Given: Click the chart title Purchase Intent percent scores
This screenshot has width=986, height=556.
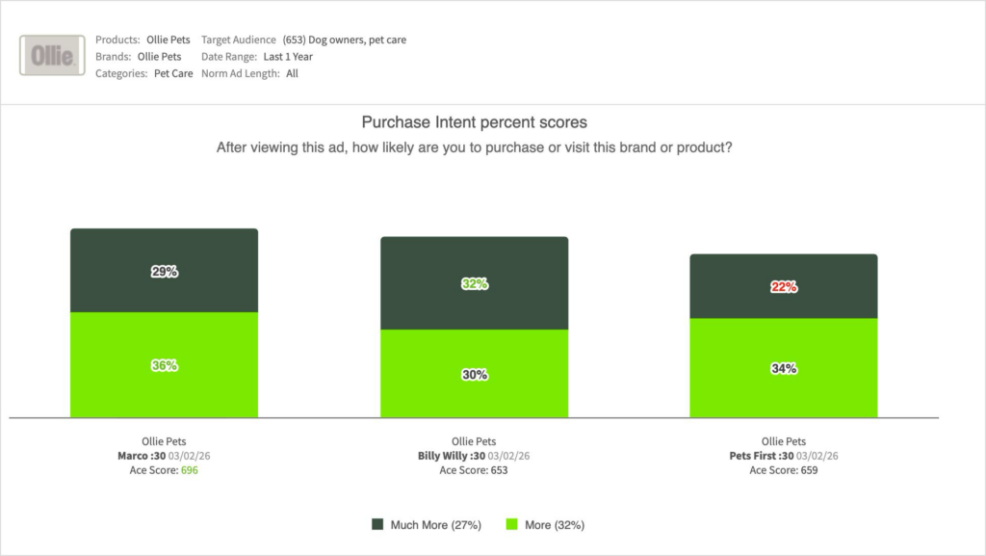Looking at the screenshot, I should click(x=474, y=122).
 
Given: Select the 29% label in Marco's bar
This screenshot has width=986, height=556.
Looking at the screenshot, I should click(x=164, y=272).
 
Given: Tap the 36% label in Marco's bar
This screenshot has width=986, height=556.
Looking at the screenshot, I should click(x=164, y=365).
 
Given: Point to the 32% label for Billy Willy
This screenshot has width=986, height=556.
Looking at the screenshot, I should click(x=474, y=284).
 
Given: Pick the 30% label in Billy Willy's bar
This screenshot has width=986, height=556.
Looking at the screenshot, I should click(x=474, y=375).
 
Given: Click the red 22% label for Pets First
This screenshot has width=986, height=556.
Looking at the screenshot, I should click(x=784, y=287).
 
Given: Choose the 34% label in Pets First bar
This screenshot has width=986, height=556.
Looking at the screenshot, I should click(x=784, y=368).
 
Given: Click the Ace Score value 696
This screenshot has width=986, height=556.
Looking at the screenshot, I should click(x=189, y=471).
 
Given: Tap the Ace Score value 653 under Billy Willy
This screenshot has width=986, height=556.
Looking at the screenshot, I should click(x=499, y=471).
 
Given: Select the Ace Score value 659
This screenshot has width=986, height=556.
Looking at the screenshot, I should click(x=809, y=471).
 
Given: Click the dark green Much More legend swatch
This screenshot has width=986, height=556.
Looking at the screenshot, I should click(x=377, y=525).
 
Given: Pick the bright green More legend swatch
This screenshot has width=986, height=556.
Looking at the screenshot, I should click(x=511, y=525).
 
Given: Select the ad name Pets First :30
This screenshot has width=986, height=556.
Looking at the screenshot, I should click(x=760, y=457).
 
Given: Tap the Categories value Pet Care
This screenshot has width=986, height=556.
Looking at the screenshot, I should click(x=172, y=73).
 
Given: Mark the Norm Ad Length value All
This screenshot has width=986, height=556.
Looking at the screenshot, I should click(x=292, y=73).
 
